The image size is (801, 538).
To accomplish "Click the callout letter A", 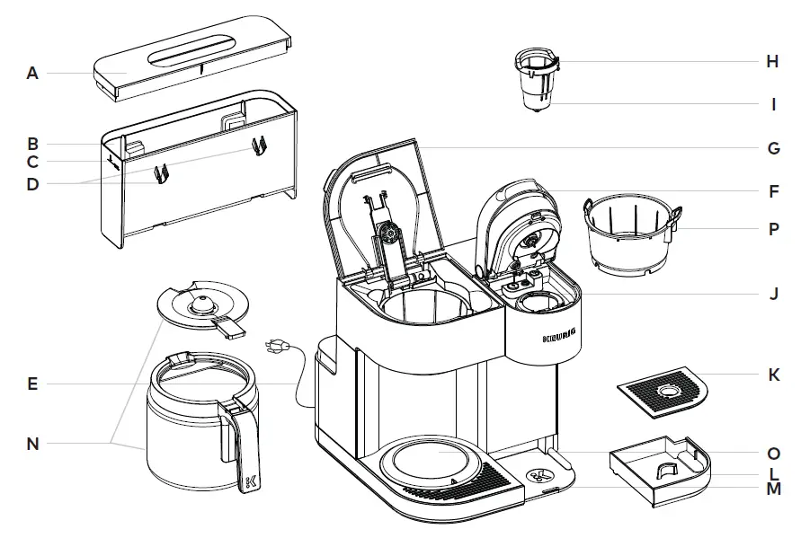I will tap(32, 74).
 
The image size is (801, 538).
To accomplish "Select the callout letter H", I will tap(772, 62).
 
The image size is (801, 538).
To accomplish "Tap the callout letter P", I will tap(772, 229).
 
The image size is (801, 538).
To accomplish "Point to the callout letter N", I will tap(32, 443).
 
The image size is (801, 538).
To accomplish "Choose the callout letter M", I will tap(772, 489).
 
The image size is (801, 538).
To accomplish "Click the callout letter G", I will tap(772, 148).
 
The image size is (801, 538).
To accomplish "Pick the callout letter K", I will tap(772, 375).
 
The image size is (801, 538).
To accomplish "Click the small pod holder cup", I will tap(536, 81).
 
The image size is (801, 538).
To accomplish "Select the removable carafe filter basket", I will tap(629, 235).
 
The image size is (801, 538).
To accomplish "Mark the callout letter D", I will tap(32, 184).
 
